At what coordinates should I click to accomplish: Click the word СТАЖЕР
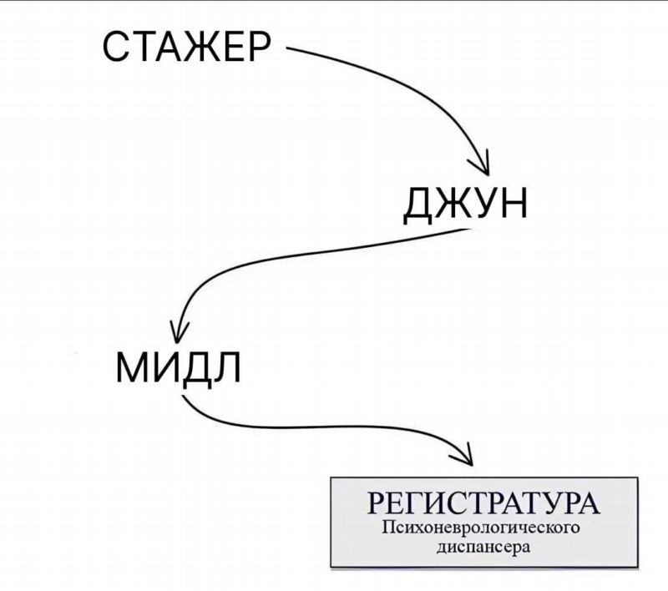coord(186,47)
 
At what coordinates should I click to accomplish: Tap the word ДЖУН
coord(465,204)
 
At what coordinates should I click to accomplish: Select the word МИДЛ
coord(179,368)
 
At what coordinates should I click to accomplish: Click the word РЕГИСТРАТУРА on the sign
coord(483,503)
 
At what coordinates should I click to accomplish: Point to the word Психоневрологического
coord(481,528)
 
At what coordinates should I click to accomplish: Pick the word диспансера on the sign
coord(483,546)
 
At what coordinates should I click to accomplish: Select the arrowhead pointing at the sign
coord(464,455)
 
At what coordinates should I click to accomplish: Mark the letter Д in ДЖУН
coord(419,205)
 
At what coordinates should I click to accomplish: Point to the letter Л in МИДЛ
coord(227,368)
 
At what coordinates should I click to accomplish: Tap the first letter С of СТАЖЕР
coord(117,47)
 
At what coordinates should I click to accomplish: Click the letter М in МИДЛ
coord(132,368)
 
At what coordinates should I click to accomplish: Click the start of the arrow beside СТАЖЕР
coord(287,48)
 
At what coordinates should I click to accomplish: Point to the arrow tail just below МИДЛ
coord(183,396)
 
